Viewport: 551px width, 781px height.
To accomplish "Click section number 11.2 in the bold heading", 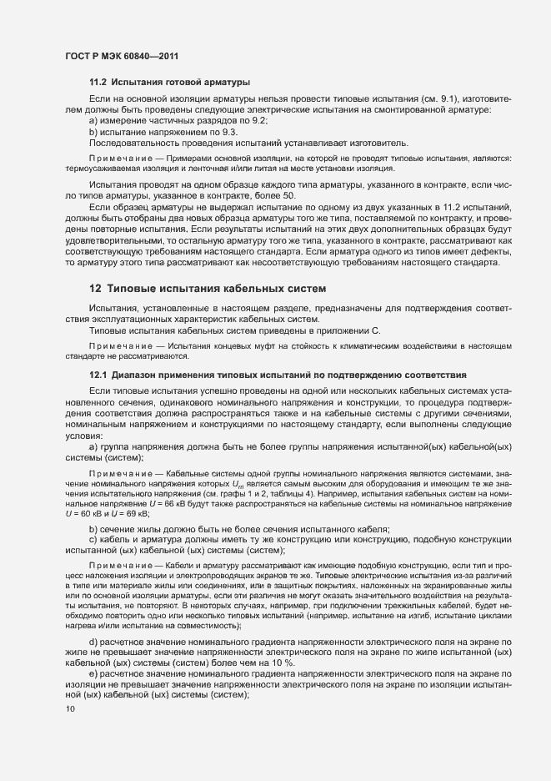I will pos(98,83).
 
